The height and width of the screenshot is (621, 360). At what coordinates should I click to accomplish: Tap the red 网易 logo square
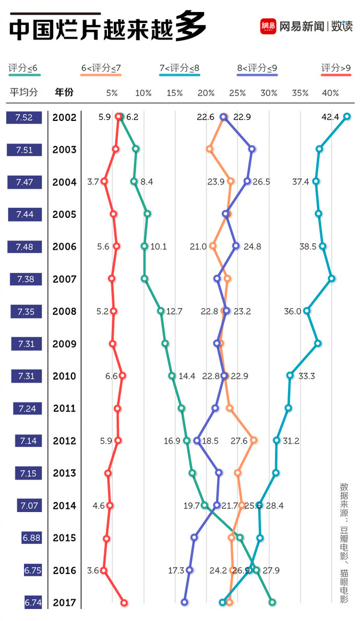[268, 26]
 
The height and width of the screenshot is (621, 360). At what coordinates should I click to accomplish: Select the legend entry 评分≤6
[22, 68]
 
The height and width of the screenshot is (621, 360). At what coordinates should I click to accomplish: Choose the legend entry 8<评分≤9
[257, 68]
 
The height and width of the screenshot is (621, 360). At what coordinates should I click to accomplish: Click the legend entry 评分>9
[335, 68]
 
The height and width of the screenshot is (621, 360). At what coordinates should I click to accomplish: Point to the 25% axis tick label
[237, 93]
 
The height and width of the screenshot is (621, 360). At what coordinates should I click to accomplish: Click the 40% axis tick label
[330, 93]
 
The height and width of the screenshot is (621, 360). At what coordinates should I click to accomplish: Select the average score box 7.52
[24, 117]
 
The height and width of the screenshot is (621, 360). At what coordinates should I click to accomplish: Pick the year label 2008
[65, 311]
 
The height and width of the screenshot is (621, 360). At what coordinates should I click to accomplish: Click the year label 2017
[65, 602]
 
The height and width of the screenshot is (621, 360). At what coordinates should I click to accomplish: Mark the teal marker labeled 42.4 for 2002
[347, 117]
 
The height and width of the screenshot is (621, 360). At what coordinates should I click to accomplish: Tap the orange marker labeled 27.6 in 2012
[254, 440]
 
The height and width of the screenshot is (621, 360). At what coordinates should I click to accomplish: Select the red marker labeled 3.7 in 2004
[104, 181]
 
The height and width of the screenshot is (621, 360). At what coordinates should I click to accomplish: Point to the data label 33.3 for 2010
[306, 376]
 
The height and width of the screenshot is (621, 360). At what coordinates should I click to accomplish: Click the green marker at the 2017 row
[272, 602]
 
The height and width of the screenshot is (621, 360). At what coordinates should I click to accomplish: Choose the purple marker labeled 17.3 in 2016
[189, 570]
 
